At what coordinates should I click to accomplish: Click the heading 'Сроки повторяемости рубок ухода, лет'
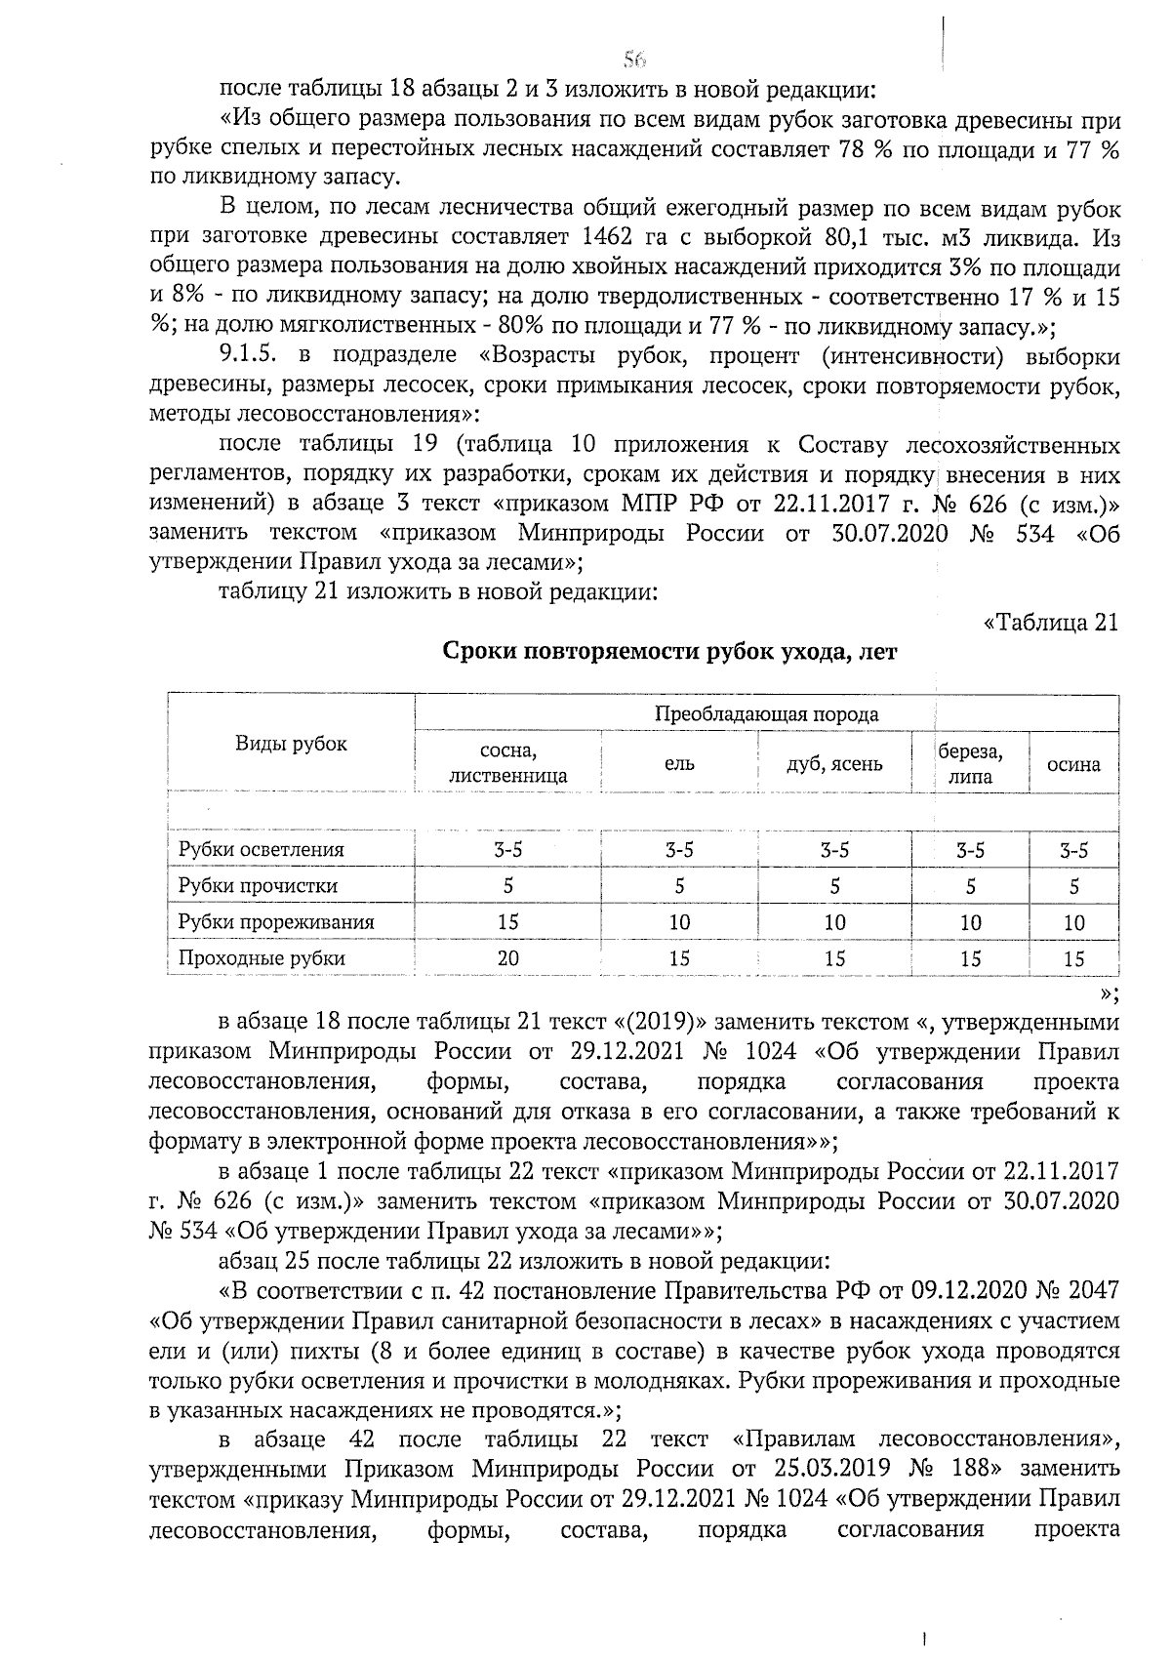pyautogui.click(x=670, y=652)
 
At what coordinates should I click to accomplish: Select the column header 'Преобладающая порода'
pyautogui.click(x=766, y=713)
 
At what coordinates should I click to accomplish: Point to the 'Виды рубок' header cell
pyautogui.click(x=291, y=744)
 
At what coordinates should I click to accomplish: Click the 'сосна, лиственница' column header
pyautogui.click(x=507, y=764)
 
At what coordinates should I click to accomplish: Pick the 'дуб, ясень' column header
pyautogui.click(x=834, y=764)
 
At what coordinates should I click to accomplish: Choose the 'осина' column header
pyautogui.click(x=1073, y=764)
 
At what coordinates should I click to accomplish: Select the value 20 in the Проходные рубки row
pyautogui.click(x=507, y=958)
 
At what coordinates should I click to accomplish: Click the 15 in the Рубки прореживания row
pyautogui.click(x=507, y=922)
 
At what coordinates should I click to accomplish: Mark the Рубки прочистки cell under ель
pyautogui.click(x=679, y=886)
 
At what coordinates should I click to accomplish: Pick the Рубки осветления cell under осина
pyautogui.click(x=1073, y=850)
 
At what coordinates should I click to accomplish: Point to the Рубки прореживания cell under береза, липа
pyautogui.click(x=970, y=922)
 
